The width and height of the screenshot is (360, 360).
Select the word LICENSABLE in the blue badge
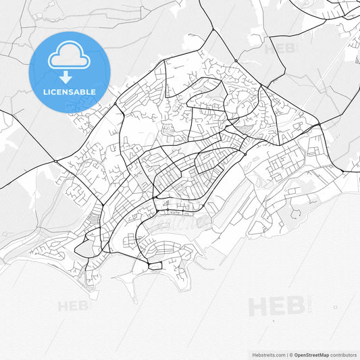pos(70,92)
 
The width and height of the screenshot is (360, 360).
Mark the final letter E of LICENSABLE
pos(93,92)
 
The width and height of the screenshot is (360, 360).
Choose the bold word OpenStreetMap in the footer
pos(311,355)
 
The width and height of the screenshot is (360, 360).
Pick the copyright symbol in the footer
pos(290,355)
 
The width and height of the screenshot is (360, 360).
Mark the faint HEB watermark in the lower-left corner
pos(73,306)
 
